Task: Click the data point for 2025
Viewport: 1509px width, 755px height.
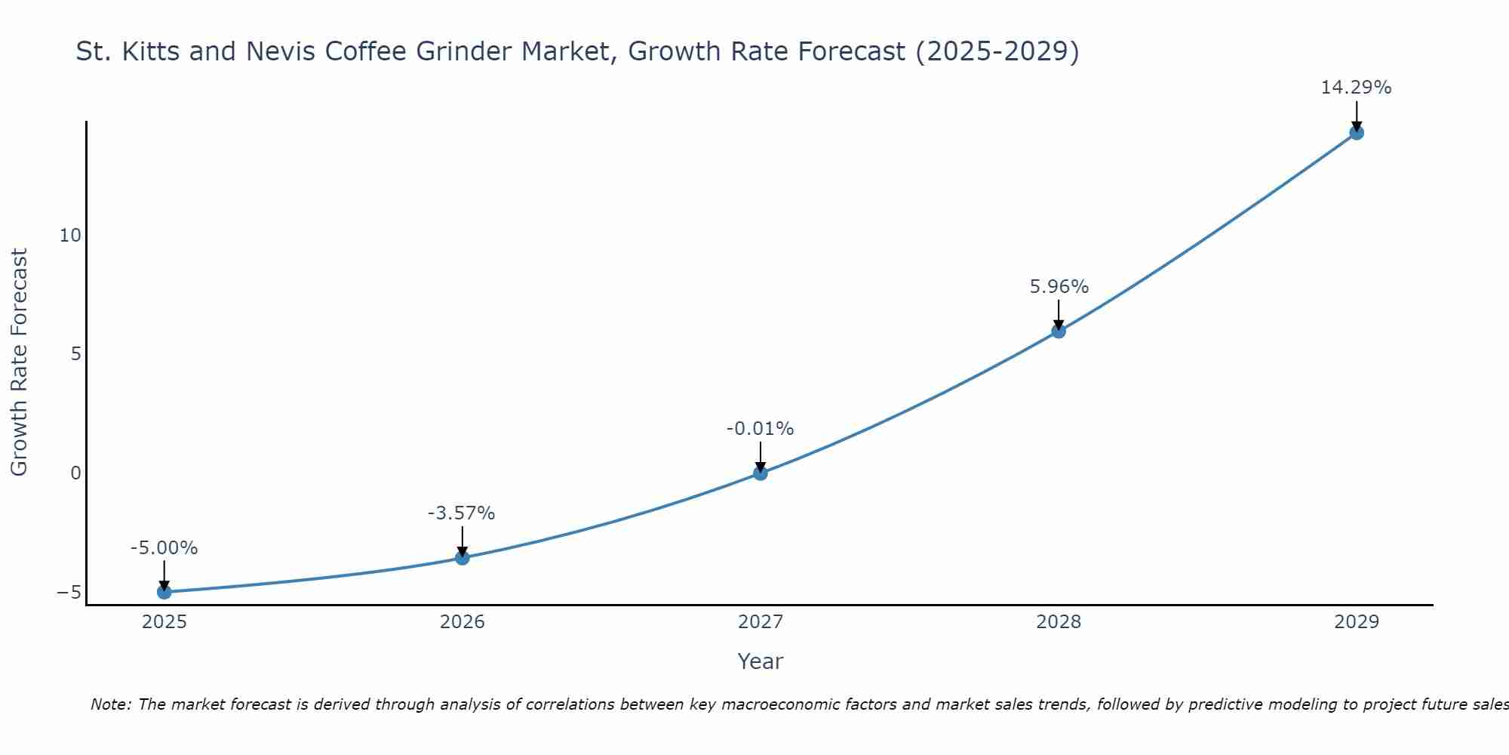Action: point(164,592)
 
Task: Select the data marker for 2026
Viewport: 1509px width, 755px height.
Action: point(462,558)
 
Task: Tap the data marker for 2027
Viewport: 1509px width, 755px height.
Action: point(760,473)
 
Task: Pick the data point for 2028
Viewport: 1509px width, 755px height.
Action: point(1058,331)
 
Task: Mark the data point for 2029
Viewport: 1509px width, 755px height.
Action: point(1356,133)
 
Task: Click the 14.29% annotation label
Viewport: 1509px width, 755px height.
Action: point(1356,88)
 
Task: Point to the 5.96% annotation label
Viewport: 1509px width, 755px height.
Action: point(1059,287)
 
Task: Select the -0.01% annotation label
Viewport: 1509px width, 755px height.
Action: point(760,429)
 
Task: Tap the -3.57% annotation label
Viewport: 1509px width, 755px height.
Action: point(461,513)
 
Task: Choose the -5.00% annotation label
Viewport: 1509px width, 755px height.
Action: point(164,548)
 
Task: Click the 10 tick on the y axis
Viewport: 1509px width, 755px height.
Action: point(70,236)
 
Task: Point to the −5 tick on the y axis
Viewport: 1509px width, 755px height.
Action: point(69,593)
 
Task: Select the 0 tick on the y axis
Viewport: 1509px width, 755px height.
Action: point(75,473)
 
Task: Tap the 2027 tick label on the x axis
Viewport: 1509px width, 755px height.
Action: point(760,622)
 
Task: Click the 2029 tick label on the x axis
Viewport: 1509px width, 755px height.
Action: point(1356,622)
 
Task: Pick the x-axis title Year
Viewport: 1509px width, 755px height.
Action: point(760,661)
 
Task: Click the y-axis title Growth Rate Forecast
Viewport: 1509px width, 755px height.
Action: point(19,362)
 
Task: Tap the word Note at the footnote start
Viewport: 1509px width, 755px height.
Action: point(110,704)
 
